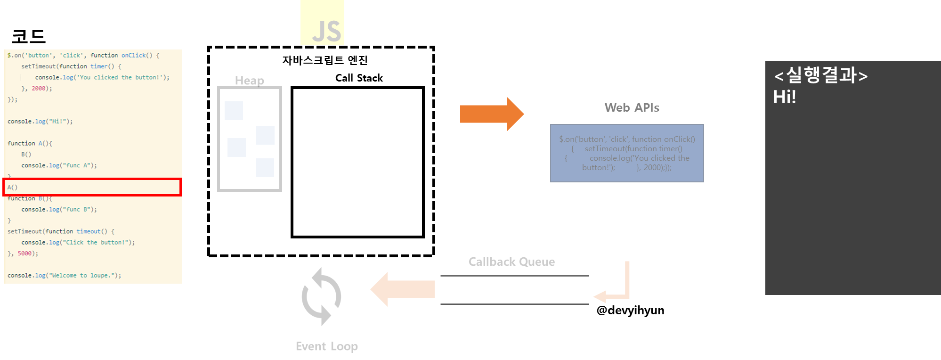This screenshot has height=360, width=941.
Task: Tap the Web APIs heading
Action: (x=632, y=108)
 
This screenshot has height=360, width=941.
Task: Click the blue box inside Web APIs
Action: (x=627, y=153)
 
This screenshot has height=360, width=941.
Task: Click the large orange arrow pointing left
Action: (x=403, y=289)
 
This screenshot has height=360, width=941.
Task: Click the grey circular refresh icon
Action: (x=321, y=296)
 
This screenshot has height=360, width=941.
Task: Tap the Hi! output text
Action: (x=784, y=97)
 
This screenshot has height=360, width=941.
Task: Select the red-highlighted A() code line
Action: (x=92, y=187)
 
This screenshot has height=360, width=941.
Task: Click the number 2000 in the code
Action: (x=39, y=89)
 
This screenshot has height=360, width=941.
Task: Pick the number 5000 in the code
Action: (x=24, y=254)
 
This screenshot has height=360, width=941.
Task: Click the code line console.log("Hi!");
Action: (x=40, y=122)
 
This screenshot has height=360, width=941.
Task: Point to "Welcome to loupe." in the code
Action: (x=83, y=276)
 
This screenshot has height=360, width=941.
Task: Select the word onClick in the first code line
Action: (x=134, y=56)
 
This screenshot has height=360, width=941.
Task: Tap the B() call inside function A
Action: (x=26, y=155)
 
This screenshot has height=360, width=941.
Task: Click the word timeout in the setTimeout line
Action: (x=89, y=231)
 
